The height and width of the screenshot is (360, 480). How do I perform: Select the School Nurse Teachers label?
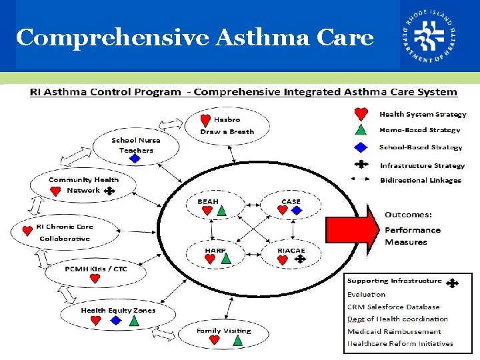click(x=136, y=145)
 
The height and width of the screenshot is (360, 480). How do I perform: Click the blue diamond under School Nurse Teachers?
click(x=135, y=159)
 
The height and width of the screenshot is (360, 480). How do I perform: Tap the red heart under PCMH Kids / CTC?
click(x=95, y=279)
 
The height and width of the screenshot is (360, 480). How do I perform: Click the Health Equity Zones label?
click(x=118, y=310)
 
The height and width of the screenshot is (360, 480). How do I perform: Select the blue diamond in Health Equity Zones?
click(x=116, y=321)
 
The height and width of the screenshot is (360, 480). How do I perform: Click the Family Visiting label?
click(x=224, y=331)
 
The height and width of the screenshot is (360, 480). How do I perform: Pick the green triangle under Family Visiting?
click(x=238, y=341)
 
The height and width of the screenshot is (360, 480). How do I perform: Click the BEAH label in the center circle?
click(x=208, y=201)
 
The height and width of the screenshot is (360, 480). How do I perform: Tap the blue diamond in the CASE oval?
click(x=297, y=211)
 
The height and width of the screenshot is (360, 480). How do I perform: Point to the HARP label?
click(x=215, y=250)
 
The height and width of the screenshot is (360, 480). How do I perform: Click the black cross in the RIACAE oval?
click(x=299, y=259)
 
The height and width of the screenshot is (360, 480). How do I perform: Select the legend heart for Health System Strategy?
click(x=361, y=115)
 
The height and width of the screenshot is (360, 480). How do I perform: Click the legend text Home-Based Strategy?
click(x=420, y=130)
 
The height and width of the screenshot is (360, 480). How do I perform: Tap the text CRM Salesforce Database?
click(x=393, y=307)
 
